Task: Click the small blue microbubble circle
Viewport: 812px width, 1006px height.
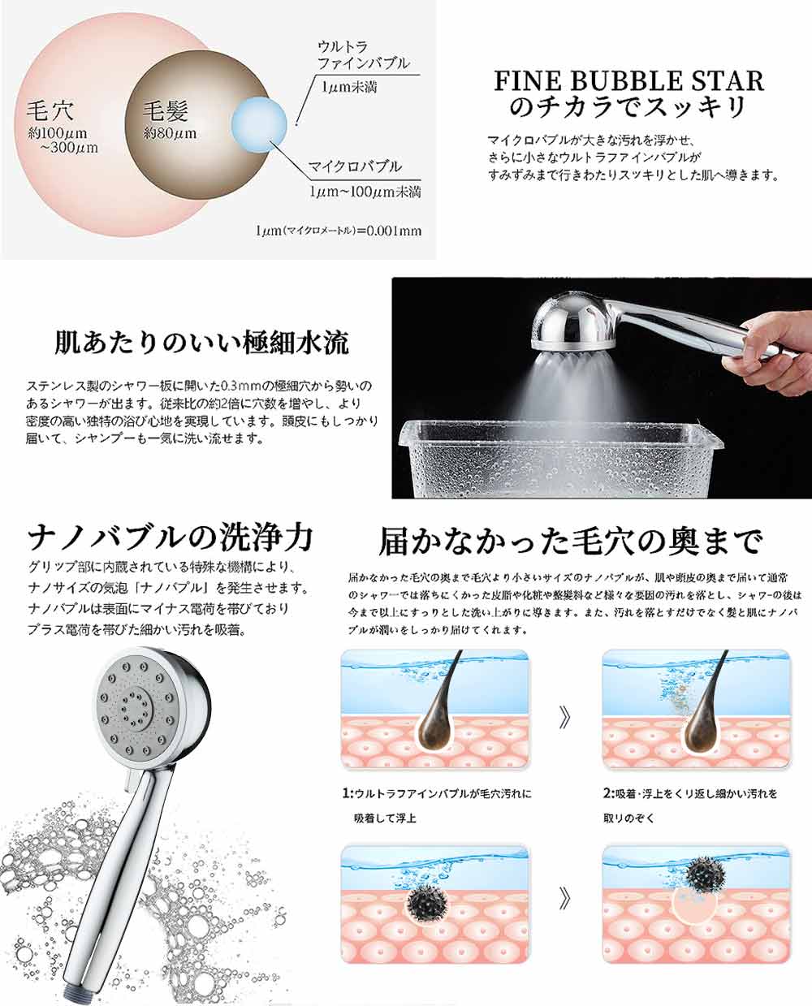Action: [259, 125]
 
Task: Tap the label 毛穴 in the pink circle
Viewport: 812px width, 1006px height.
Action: [50, 111]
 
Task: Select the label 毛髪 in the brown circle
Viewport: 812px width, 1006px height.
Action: [166, 111]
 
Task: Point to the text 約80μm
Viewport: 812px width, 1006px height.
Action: [170, 134]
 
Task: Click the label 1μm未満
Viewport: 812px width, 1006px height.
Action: [349, 87]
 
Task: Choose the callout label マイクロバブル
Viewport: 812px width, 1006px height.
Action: [355, 166]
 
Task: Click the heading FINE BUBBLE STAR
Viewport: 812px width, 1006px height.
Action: [628, 80]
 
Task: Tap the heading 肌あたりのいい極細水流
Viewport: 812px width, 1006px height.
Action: [201, 343]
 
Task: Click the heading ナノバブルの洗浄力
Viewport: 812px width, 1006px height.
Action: [171, 538]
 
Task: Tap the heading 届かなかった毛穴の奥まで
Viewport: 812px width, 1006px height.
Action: [571, 542]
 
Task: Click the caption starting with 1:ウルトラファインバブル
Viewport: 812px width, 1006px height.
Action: [437, 806]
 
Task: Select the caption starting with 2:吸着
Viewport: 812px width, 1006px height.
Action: [690, 806]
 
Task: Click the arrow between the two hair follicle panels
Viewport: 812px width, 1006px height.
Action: [565, 718]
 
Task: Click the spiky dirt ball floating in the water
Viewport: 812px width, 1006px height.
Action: [704, 874]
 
